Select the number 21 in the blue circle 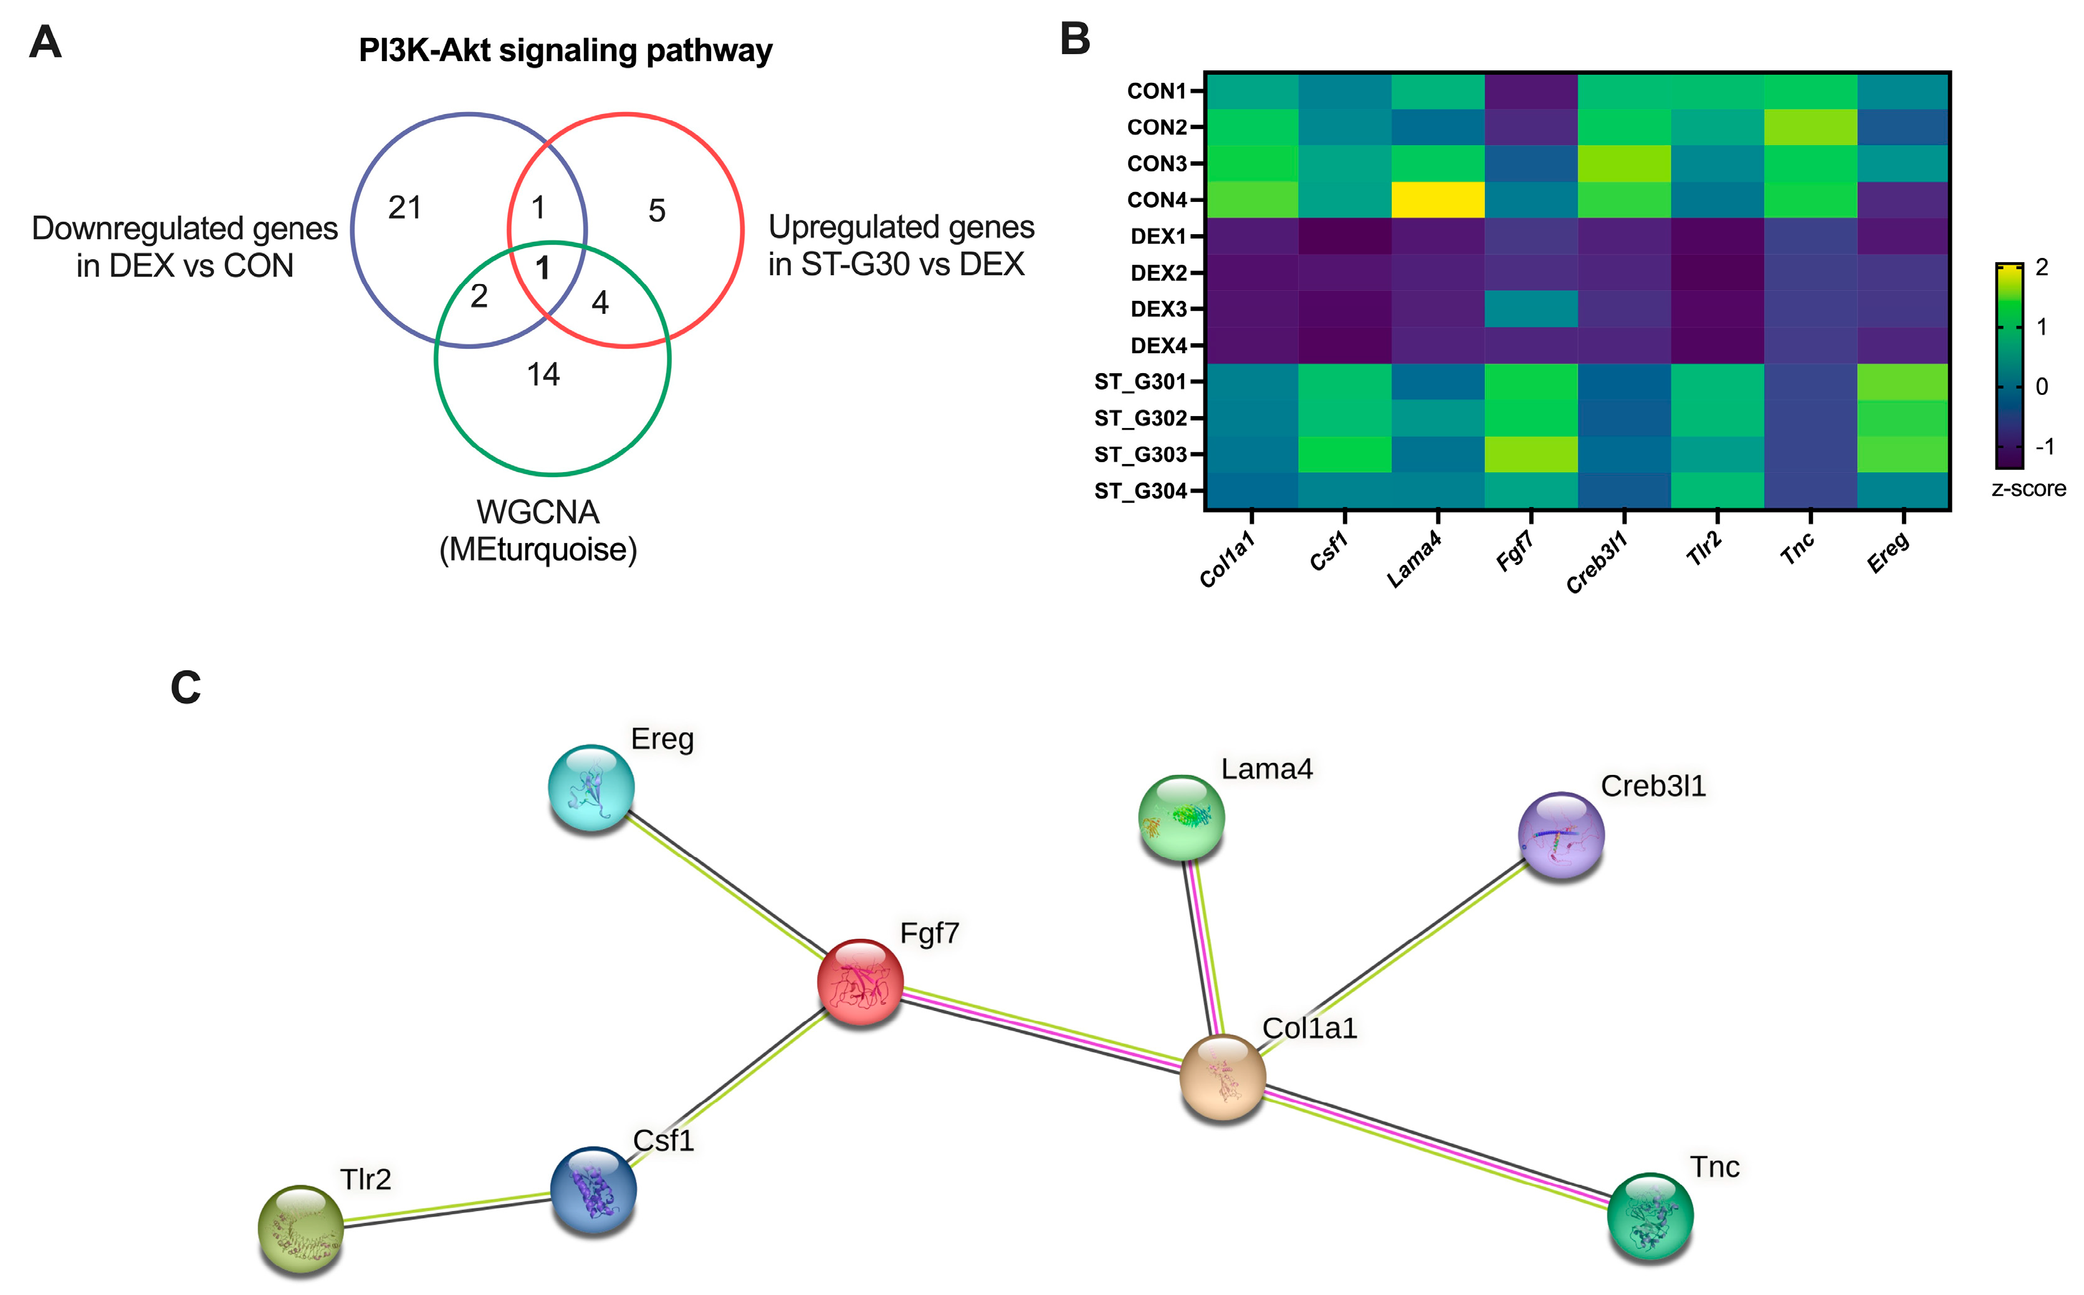tap(404, 207)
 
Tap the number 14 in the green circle tap(543, 374)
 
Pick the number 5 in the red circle tap(656, 211)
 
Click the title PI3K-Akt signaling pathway tap(566, 50)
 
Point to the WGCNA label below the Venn tap(538, 512)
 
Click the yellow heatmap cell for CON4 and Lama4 tap(1438, 199)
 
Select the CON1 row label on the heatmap tap(1156, 91)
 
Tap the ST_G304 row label tap(1140, 491)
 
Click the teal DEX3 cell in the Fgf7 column tap(1531, 308)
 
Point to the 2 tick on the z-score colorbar tap(2042, 267)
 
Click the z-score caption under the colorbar tap(2029, 488)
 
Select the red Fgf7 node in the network tap(860, 982)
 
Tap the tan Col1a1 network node tap(1222, 1076)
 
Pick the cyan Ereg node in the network tap(591, 787)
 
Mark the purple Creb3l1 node tap(1561, 834)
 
